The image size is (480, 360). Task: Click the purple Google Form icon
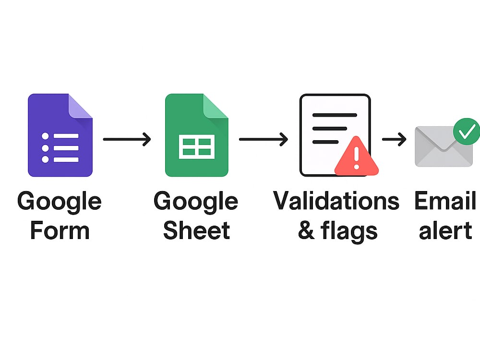click(60, 135)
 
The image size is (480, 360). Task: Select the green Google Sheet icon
click(196, 135)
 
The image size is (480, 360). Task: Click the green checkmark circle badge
click(467, 132)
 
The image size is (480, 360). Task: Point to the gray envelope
click(444, 147)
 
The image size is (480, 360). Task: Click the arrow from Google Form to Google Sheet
click(127, 139)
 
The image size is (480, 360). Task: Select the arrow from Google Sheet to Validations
click(264, 139)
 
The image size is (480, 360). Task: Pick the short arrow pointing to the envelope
click(394, 139)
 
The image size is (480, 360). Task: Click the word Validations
click(336, 201)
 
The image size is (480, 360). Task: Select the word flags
click(349, 231)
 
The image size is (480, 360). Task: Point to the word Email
click(445, 201)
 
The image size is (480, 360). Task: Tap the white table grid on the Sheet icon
click(196, 146)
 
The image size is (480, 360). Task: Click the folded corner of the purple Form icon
click(80, 106)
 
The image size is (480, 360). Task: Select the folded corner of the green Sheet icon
click(216, 106)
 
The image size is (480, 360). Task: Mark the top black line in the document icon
click(335, 115)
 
